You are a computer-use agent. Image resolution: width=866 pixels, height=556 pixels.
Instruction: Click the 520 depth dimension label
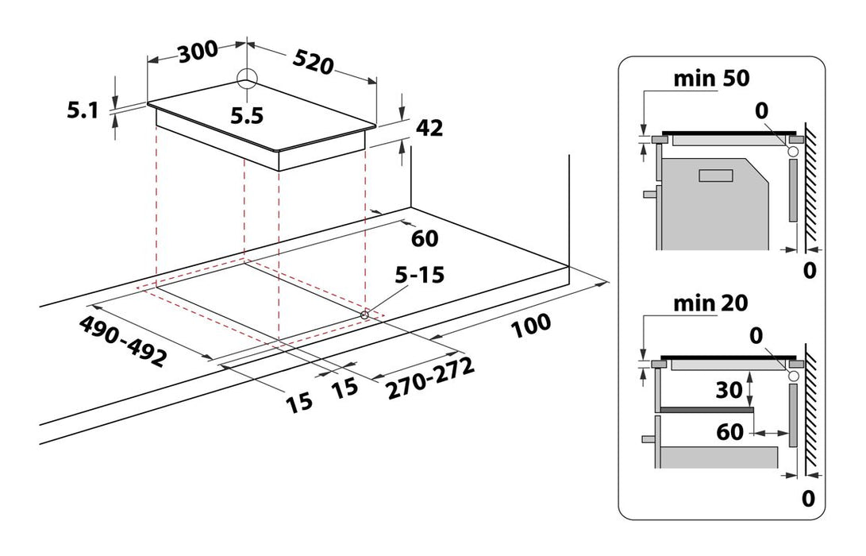tap(312, 61)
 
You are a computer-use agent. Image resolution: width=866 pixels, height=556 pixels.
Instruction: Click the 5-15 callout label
tap(421, 276)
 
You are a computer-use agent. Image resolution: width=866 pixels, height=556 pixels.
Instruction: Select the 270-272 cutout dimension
tap(430, 378)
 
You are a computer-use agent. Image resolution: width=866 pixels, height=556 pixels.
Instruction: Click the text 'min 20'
tap(711, 303)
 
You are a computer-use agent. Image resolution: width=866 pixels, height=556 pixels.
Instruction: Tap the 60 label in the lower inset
tap(729, 433)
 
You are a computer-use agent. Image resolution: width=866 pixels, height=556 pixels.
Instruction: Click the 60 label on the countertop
tap(425, 237)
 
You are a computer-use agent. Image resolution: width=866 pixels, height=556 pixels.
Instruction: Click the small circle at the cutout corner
tap(365, 315)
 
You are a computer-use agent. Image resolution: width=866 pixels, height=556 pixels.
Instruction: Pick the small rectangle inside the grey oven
tap(716, 176)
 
